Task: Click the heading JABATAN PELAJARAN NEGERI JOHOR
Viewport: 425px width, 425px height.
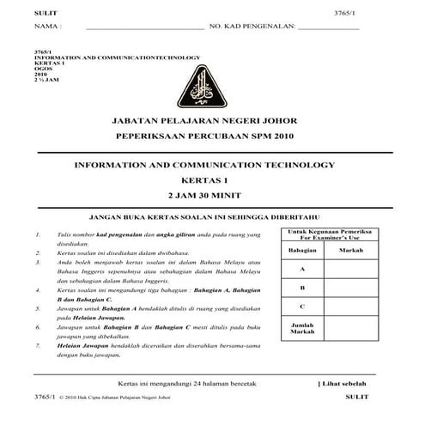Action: [212, 123]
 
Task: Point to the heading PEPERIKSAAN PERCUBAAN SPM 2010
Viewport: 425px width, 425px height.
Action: [212, 137]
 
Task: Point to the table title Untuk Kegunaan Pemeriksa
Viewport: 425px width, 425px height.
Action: [329, 232]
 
